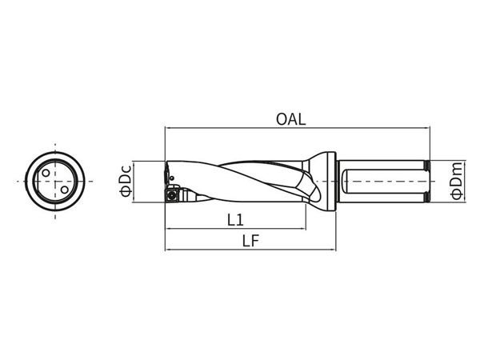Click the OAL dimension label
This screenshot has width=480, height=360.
(291, 119)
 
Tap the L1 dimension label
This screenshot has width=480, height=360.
(236, 220)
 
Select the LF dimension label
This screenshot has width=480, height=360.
(250, 241)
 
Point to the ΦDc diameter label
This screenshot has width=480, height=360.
(126, 181)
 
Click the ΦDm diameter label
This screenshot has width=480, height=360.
(457, 181)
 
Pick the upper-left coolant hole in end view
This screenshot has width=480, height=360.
(46, 173)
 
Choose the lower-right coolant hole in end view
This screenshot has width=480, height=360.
(64, 190)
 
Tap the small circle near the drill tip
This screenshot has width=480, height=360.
(172, 178)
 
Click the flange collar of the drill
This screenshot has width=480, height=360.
(332, 182)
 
